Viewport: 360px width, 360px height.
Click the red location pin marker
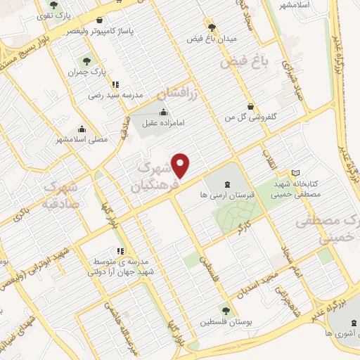tap(181, 165)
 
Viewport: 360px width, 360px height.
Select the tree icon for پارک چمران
tap(87, 61)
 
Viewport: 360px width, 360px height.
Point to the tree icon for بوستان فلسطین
tap(224, 311)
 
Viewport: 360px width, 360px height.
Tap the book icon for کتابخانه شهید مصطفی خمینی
tap(295, 172)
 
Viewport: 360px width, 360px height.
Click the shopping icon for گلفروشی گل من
tap(250, 106)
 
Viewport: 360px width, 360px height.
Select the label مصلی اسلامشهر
tap(83, 139)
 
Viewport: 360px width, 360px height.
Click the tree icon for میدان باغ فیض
tap(211, 26)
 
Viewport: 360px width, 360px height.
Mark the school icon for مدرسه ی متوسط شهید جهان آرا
tap(121, 250)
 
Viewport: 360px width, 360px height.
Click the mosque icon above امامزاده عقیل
tap(164, 111)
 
